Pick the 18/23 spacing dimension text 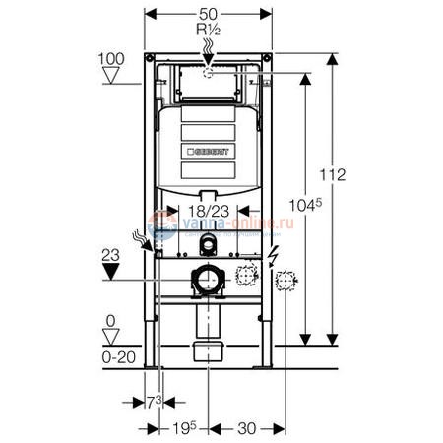[209, 210]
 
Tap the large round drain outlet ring [208, 282]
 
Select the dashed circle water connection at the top [208, 72]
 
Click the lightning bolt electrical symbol [272, 259]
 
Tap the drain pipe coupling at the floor [208, 350]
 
